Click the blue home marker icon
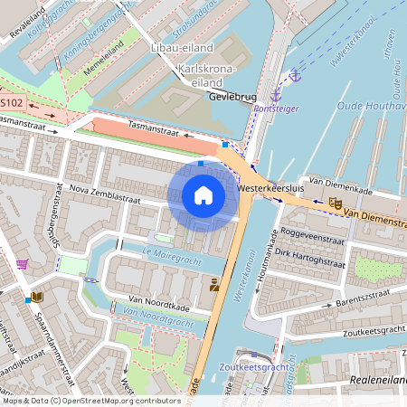[203, 194]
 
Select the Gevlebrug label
[232, 95]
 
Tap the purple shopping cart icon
[22, 264]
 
